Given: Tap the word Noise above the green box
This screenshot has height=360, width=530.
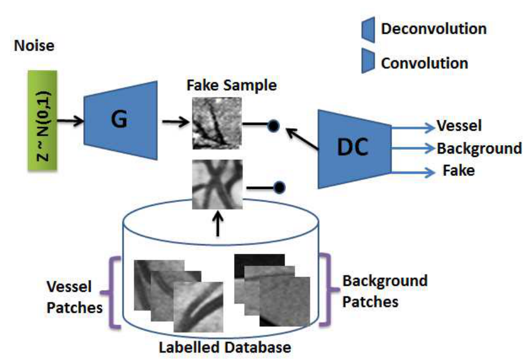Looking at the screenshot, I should (x=34, y=46).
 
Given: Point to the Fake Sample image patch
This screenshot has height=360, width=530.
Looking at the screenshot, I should (x=217, y=123).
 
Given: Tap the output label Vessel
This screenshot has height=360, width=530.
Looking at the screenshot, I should (x=459, y=126).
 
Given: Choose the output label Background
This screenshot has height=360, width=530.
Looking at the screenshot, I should (x=479, y=148).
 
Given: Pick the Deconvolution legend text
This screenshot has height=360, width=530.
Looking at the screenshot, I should (x=434, y=29).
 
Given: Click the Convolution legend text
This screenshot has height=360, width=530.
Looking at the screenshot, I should (x=424, y=62).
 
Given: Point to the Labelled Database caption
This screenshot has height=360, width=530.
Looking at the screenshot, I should (x=225, y=347).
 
